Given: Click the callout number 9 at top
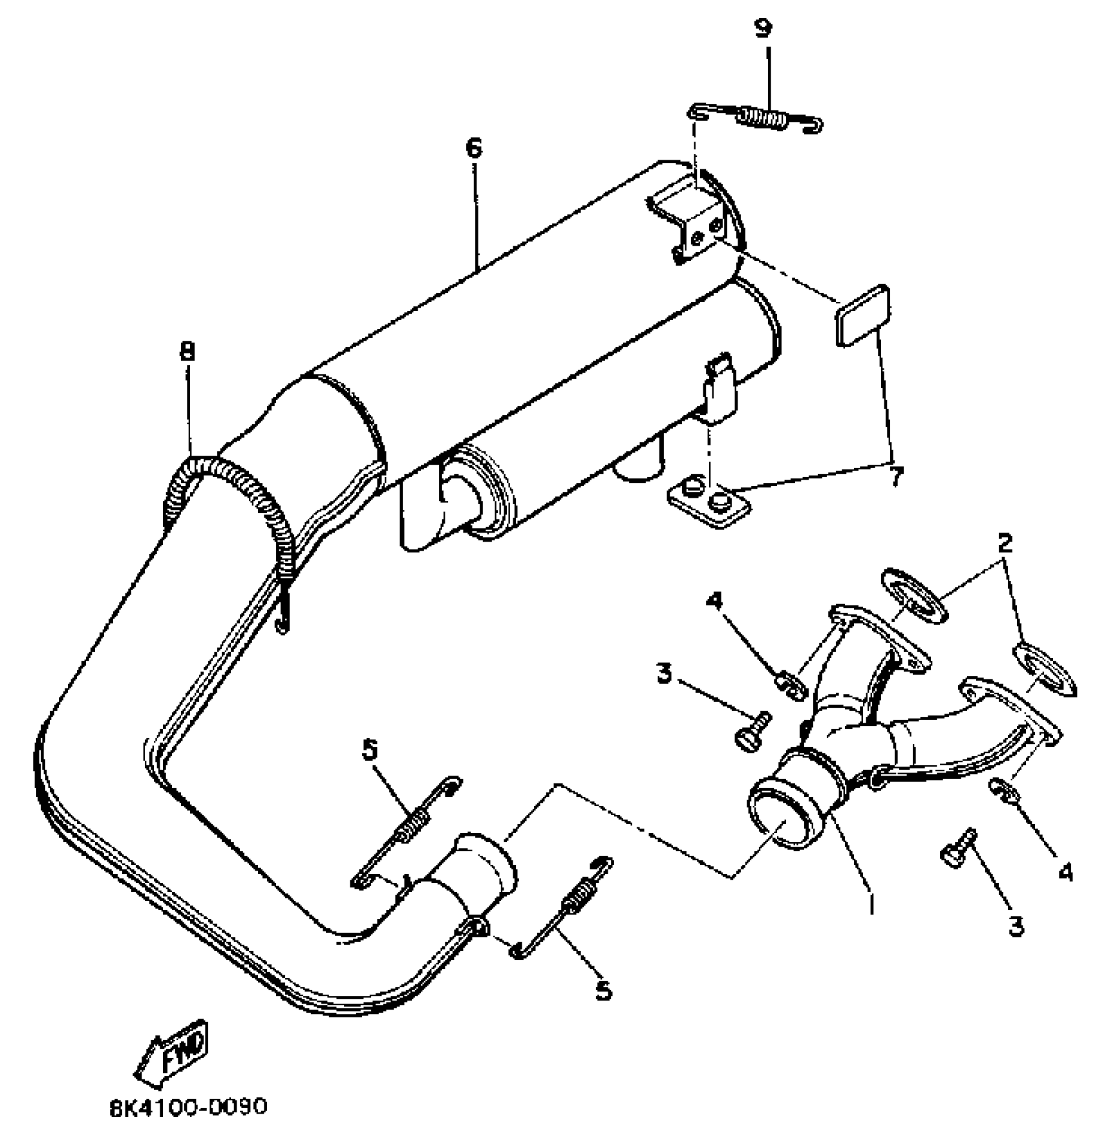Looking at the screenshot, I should [763, 30].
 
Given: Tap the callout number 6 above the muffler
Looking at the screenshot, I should [473, 148].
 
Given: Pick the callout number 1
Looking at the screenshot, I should [871, 902].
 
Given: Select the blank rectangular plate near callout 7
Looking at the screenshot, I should [862, 316].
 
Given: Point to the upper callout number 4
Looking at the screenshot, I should [713, 600].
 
